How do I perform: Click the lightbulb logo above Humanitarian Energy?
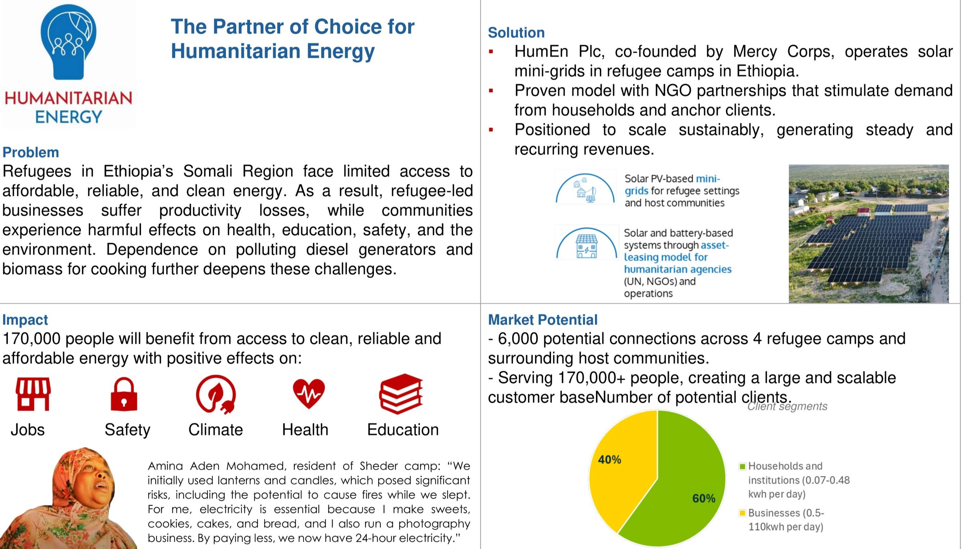[68, 42]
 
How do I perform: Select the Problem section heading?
[31, 152]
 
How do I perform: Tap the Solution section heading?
[516, 33]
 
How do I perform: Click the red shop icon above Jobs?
[33, 394]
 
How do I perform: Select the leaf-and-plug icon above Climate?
[216, 394]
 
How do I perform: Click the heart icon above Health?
[309, 393]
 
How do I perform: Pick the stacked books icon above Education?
[401, 394]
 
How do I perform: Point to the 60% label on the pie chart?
[703, 498]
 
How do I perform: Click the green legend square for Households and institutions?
[742, 466]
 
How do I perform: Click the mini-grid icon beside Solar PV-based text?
[585, 188]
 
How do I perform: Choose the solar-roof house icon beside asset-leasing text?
[586, 244]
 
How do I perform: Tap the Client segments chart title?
[787, 406]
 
